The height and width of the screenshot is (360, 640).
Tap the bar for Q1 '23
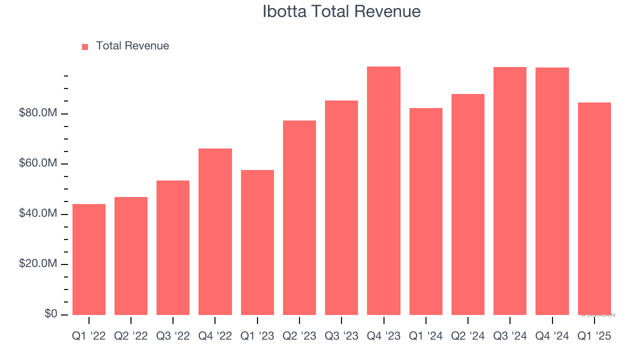(257, 242)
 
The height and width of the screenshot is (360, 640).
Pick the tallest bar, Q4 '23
(383, 190)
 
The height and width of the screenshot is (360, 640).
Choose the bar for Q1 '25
(594, 208)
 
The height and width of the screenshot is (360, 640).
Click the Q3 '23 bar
(341, 207)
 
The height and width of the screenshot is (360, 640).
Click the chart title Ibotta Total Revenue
(341, 11)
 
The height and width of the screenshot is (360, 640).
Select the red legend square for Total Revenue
(85, 46)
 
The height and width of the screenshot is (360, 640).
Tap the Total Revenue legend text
(132, 46)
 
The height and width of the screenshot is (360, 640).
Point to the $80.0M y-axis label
(38, 113)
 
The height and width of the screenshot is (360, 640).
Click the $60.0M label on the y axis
(38, 163)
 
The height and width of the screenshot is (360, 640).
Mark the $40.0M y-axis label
(38, 214)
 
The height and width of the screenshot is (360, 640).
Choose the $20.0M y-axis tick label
(38, 264)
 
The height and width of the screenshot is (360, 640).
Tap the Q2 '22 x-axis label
(131, 336)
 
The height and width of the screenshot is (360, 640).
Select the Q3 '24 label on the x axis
(510, 336)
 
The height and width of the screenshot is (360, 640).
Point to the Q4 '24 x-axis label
(552, 336)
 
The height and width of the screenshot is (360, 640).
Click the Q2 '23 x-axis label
(299, 336)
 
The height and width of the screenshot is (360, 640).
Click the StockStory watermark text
(598, 315)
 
